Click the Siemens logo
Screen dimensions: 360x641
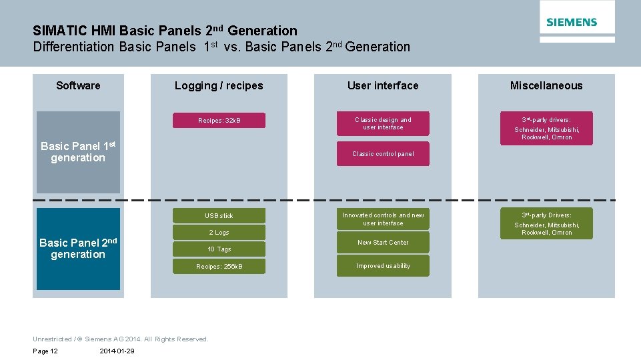572,22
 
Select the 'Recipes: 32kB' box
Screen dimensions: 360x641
219,121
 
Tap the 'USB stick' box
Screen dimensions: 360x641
219,215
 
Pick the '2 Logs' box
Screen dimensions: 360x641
219,233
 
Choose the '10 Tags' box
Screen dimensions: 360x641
219,249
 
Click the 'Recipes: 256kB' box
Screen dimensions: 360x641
219,267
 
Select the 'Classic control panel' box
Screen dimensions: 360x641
383,154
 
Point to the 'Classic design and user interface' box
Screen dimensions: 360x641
383,123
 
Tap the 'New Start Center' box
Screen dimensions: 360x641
383,243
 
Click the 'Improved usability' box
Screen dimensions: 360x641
383,266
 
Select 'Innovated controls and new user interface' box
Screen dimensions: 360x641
383,219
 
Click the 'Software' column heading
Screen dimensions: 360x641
78,85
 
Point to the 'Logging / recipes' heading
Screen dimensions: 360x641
219,85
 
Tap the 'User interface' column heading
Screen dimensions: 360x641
383,85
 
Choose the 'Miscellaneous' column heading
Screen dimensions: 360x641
546,85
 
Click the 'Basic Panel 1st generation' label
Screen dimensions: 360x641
78,152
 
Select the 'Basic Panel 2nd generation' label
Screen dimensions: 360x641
78,249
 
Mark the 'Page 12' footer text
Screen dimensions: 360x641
45,351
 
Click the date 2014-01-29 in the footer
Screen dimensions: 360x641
117,351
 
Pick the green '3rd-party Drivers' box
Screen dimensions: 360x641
546,223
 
